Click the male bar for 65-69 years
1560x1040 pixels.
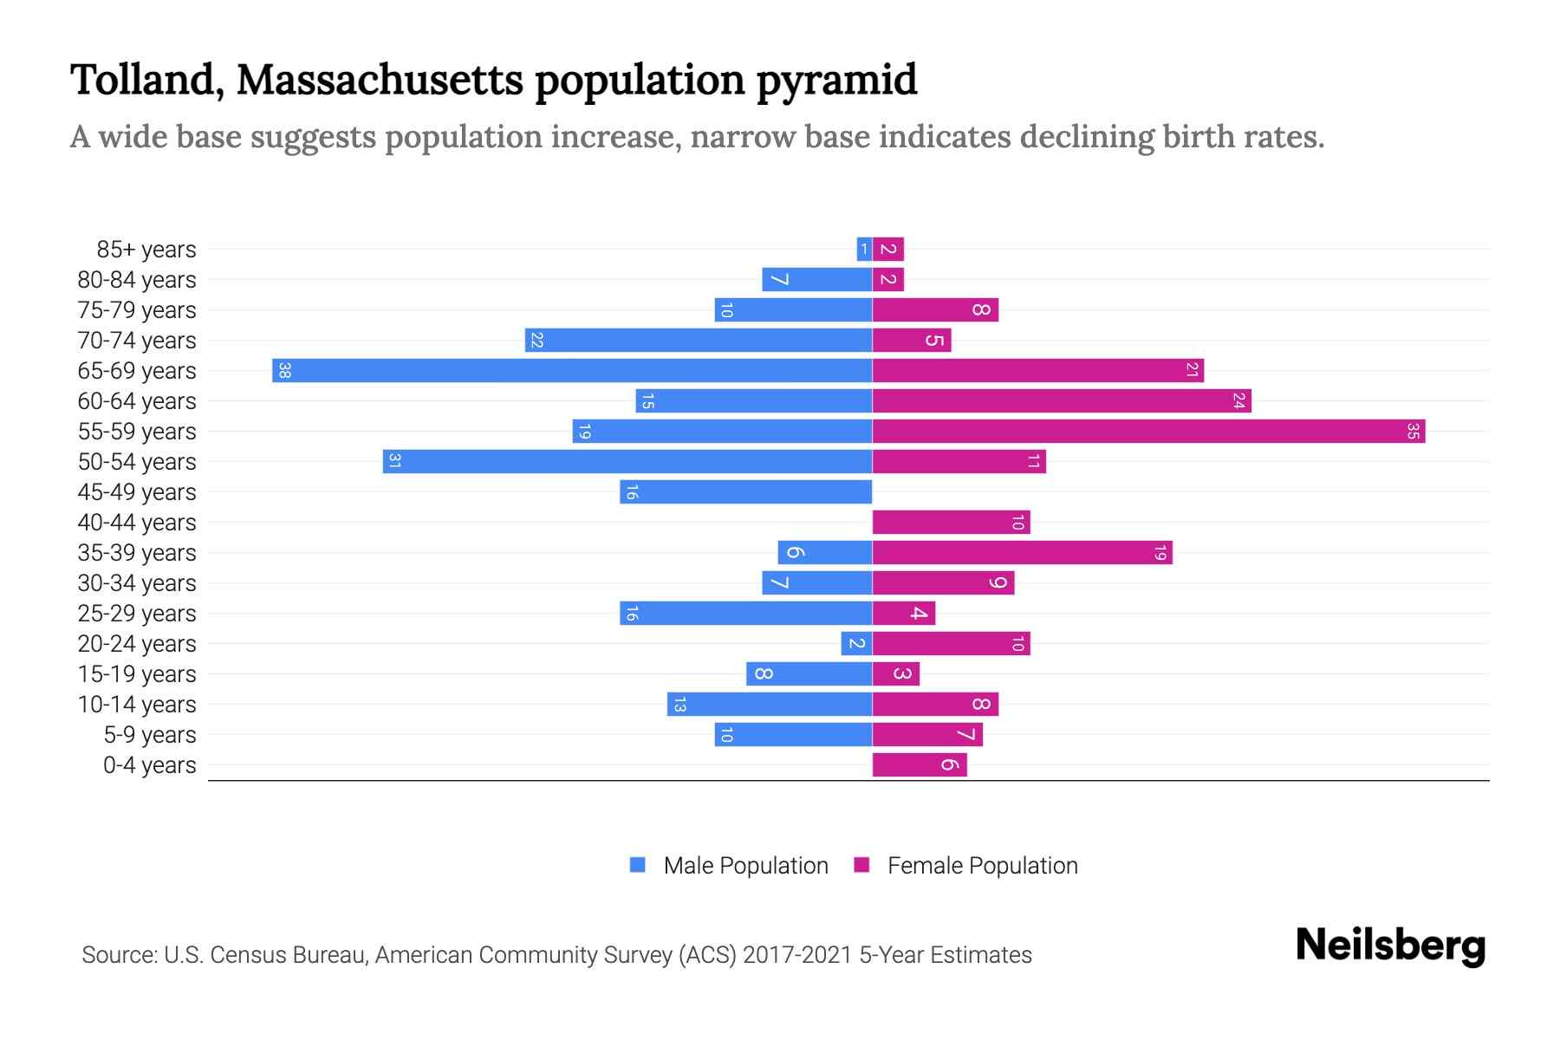[572, 370]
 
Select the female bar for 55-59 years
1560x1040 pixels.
[1148, 431]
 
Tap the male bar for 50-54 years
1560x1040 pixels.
[627, 461]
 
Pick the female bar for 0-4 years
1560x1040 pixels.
[919, 764]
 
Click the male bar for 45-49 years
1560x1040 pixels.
[745, 491]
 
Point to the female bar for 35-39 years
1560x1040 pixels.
[1022, 552]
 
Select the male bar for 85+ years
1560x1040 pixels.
[864, 249]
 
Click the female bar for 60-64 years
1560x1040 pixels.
[1062, 400]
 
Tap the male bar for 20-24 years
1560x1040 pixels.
[856, 643]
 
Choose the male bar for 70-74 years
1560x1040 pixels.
[699, 340]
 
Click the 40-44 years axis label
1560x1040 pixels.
[137, 523]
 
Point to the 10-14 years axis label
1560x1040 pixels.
[137, 705]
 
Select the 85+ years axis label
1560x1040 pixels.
[146, 250]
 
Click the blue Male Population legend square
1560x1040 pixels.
[638, 865]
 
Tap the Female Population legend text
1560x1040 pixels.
[982, 866]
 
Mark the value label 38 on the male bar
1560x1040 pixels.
[284, 370]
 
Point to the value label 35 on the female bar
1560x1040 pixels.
[1413, 431]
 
